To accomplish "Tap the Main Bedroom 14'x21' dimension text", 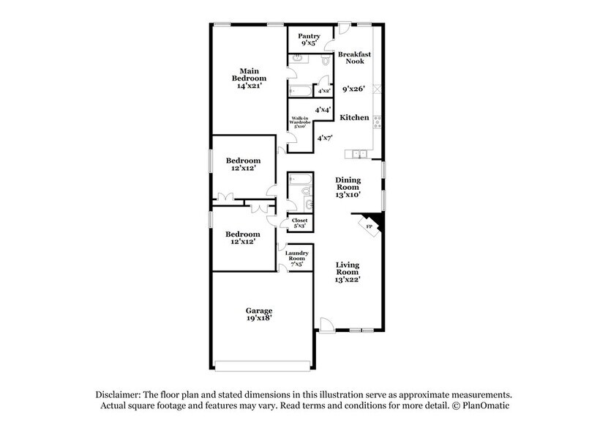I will [249, 86].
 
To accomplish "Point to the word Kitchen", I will [355, 117].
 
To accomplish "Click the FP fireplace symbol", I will [370, 226].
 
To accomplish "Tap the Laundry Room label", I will [296, 257].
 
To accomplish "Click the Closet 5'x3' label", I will [300, 222].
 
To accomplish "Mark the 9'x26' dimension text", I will [355, 90].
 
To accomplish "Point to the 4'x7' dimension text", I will [323, 137].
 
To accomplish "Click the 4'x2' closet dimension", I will [323, 92].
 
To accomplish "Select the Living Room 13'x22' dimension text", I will [348, 279].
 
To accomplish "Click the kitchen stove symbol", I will [378, 120].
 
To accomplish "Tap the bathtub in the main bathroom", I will [300, 92].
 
